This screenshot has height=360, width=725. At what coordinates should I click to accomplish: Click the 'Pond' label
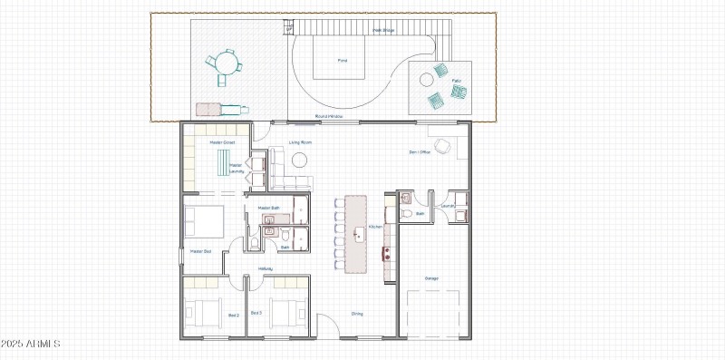pyautogui.click(x=343, y=61)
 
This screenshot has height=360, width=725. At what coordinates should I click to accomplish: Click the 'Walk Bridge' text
pyautogui.click(x=383, y=30)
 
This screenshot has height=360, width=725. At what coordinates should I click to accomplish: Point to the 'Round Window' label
pyautogui.click(x=328, y=116)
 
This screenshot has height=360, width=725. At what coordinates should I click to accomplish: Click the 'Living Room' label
pyautogui.click(x=301, y=142)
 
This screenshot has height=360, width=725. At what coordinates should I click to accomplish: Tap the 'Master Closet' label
pyautogui.click(x=222, y=142)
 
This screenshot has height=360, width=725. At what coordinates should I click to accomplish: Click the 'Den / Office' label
pyautogui.click(x=420, y=151)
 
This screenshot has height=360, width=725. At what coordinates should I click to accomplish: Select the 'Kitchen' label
pyautogui.click(x=376, y=227)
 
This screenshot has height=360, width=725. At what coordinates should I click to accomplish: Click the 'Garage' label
pyautogui.click(x=431, y=277)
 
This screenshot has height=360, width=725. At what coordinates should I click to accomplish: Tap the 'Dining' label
pyautogui.click(x=357, y=314)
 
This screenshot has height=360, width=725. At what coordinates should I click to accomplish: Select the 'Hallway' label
pyautogui.click(x=266, y=268)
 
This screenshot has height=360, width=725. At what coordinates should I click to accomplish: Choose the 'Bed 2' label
pyautogui.click(x=233, y=315)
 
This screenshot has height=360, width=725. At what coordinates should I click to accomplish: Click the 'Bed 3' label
pyautogui.click(x=256, y=313)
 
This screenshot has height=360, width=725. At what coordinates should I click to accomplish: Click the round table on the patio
pyautogui.click(x=426, y=81)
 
